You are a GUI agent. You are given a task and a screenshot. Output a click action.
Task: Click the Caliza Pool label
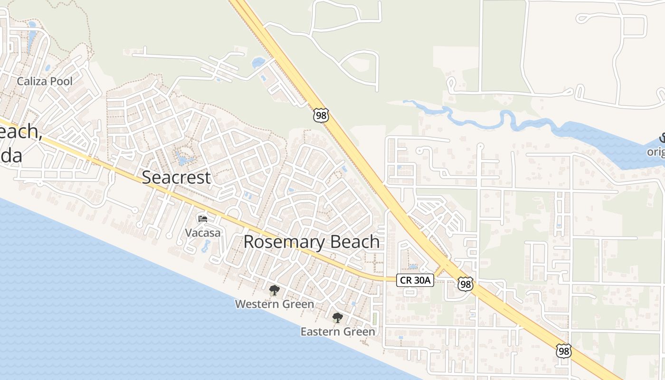(45, 81)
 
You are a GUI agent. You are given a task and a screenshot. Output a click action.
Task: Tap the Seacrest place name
(176, 177)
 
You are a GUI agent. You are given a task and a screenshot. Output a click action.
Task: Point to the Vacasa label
(203, 233)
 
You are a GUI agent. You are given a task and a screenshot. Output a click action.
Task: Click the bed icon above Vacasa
(203, 219)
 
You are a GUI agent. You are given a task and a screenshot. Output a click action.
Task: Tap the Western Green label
(275, 304)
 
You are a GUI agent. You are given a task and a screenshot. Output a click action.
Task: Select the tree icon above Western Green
(274, 290)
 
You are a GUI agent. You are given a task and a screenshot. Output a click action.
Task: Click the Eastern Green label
(338, 332)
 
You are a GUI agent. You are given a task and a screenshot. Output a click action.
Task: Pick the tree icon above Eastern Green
(337, 318)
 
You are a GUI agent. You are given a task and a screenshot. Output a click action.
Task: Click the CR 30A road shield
(415, 280)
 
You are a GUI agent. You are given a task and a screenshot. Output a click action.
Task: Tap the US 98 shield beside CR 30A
(465, 284)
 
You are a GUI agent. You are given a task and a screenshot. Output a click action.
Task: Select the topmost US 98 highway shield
(321, 115)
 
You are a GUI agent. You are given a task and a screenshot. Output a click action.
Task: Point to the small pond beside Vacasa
(206, 246)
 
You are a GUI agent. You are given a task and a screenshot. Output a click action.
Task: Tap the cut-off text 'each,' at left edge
(19, 132)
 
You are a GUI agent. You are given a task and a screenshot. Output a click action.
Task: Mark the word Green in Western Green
(297, 304)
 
